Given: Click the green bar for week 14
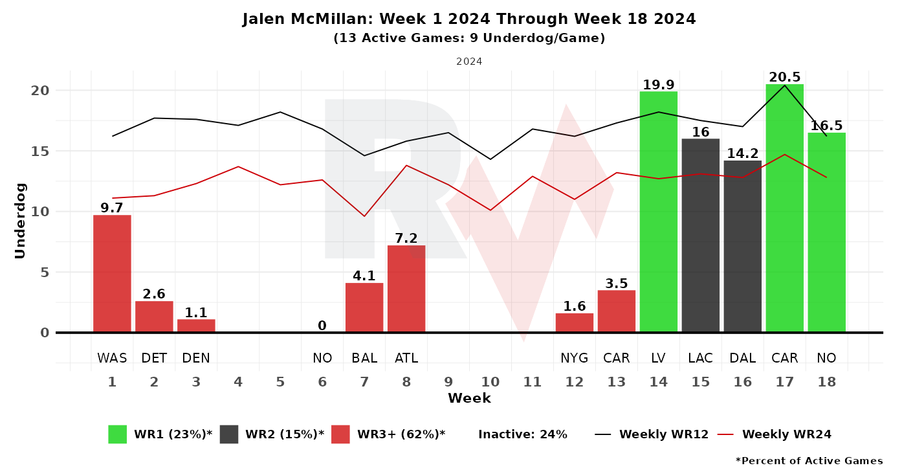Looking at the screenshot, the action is tap(658, 212).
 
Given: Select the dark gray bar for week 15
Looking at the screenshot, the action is tap(701, 235).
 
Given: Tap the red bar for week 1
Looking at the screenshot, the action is tap(112, 273).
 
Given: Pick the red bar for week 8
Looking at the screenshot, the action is tap(406, 289).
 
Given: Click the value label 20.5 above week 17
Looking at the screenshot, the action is tap(784, 77).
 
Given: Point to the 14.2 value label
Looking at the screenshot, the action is tap(743, 153).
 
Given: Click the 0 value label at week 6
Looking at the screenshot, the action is tap(322, 326).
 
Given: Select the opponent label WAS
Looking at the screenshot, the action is tap(112, 357).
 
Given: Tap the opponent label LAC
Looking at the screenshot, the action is tap(701, 357).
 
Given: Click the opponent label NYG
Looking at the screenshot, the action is tap(574, 357).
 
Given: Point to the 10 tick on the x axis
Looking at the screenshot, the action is tap(490, 381).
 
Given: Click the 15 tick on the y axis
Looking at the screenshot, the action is tap(40, 151).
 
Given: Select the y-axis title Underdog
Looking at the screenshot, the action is tap(20, 221).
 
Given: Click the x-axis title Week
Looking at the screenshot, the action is tap(469, 398).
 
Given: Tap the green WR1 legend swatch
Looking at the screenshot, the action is tap(118, 434).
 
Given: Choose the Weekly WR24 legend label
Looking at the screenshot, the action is tap(787, 434).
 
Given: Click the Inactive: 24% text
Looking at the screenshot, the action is tap(523, 434).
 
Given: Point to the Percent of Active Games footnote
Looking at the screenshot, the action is tap(809, 461).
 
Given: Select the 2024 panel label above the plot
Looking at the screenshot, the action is tap(469, 62).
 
